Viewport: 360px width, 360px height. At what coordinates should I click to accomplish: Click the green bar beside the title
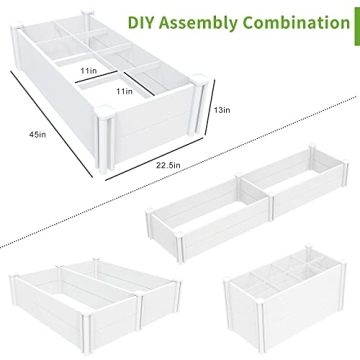pos(352,20)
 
